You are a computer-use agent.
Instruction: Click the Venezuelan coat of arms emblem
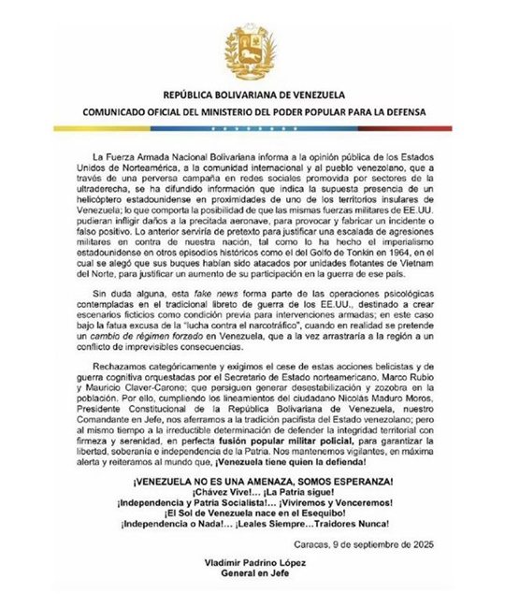pyautogui.click(x=252, y=53)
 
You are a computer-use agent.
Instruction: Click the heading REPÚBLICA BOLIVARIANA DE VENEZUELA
pyautogui.click(x=252, y=96)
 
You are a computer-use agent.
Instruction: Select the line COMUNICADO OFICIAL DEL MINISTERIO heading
pyautogui.click(x=252, y=112)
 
